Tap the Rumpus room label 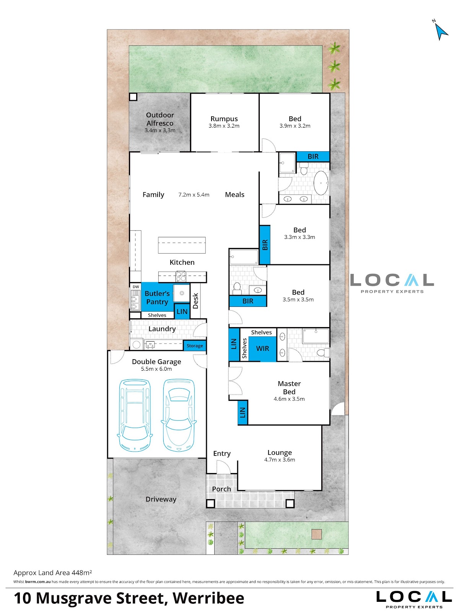pos(224,119)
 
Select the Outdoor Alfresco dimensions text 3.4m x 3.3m pos(160,130)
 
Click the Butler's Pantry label pos(157,298)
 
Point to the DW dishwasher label pos(136,287)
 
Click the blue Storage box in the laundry pos(195,346)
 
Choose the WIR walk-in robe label pos(262,348)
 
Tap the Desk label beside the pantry pos(195,301)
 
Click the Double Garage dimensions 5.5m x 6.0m pos(156,369)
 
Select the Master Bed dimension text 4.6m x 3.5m pos(289,399)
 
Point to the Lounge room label pos(280,452)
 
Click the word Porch pos(221,489)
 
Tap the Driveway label pos(161,499)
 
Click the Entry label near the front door pos(222,454)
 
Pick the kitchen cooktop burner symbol pos(181,277)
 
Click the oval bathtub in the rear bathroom pos(321,183)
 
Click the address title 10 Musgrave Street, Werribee pos(129,598)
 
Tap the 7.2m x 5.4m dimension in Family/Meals pos(194,195)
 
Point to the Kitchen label pos(182,262)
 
